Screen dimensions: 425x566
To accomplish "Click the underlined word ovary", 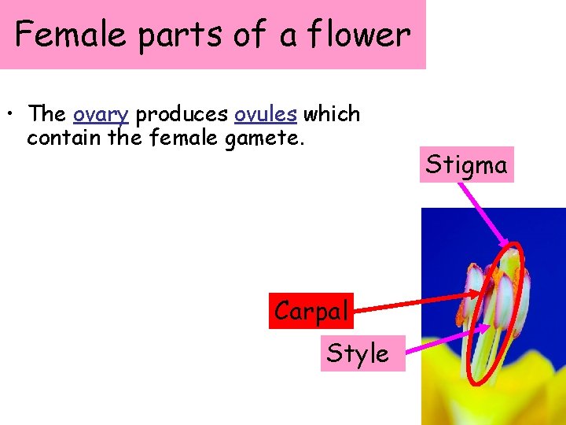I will [x=101, y=114].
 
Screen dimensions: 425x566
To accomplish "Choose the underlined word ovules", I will [x=266, y=114].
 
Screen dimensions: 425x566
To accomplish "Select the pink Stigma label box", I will [x=466, y=164].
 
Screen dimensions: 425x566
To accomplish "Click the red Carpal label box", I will [x=311, y=311].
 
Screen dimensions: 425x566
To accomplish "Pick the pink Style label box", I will [x=358, y=353].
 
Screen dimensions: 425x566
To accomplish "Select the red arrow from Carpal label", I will [x=417, y=304].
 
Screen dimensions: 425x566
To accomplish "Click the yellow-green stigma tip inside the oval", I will [x=513, y=260].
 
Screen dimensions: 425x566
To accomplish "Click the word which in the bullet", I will [x=332, y=114].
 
